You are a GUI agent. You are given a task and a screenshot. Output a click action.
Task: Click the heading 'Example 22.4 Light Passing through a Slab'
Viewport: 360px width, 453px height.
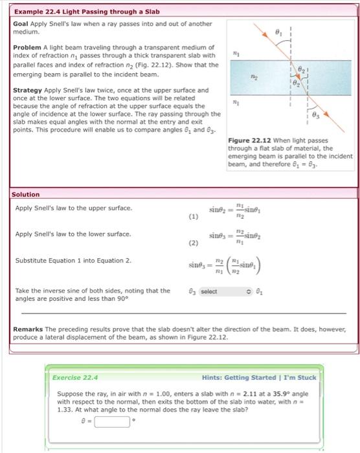tap(87, 12)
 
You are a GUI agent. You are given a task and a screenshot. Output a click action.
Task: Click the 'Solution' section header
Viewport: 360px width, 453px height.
tap(27, 194)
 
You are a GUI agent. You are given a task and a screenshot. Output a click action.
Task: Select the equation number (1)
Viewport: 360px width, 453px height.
tap(193, 218)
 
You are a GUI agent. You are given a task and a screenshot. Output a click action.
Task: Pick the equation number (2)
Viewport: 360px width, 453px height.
tap(193, 245)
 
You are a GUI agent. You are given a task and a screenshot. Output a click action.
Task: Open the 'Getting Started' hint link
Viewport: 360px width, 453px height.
tap(253, 377)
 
